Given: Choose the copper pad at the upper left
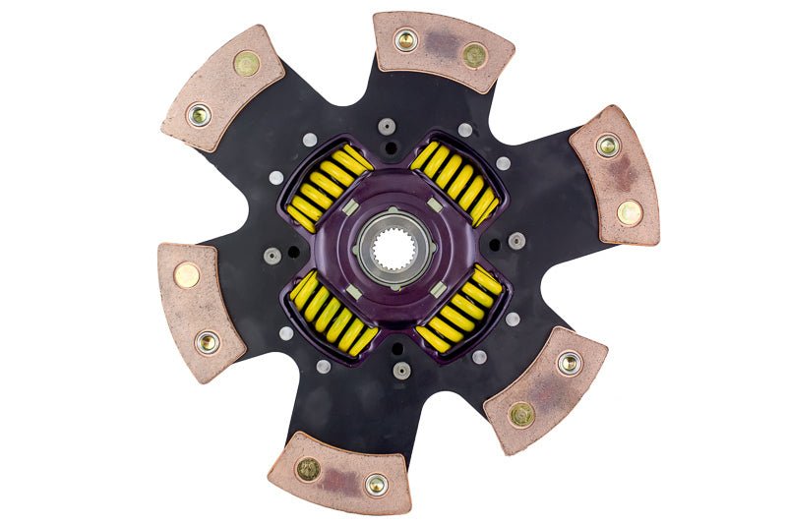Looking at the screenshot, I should point(222,87).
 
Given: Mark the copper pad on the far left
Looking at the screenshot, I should point(200,310).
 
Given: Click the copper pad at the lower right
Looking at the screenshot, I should point(545,388).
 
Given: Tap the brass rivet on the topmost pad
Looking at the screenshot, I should point(475,56).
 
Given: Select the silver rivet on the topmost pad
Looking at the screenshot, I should point(405,40).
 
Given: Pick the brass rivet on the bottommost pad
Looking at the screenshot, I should point(308,469).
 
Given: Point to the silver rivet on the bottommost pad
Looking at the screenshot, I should point(376,483).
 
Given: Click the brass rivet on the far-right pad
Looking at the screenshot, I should point(629,210).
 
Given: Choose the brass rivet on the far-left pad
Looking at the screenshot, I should point(187,275).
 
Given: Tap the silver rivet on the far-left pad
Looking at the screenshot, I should point(208,342).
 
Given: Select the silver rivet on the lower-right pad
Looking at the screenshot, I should point(569,363).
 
